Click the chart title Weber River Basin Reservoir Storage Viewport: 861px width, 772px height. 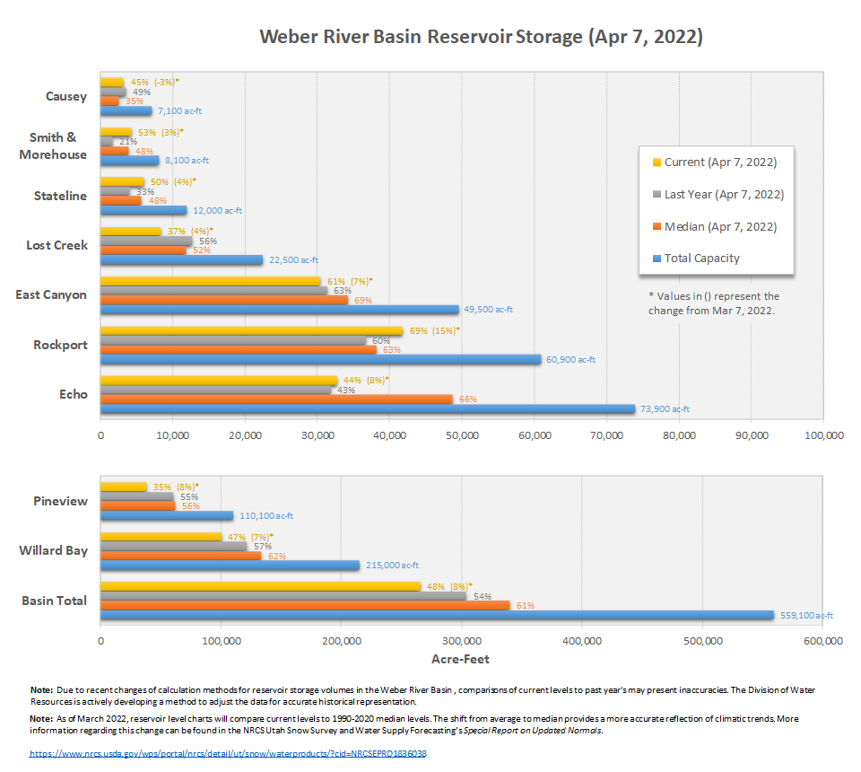click(481, 37)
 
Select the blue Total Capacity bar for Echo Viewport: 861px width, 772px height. click(368, 409)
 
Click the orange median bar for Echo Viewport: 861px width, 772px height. click(277, 399)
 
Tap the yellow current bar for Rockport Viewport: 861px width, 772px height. click(251, 331)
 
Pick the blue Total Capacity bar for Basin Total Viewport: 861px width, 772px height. click(437, 615)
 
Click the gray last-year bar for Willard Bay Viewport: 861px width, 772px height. click(173, 546)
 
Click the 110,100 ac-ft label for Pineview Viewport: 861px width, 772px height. click(265, 516)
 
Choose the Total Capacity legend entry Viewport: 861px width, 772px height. click(701, 258)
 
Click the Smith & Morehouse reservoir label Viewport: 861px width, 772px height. click(53, 145)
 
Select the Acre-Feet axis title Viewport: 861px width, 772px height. click(461, 660)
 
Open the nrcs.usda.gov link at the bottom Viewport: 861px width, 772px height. click(228, 753)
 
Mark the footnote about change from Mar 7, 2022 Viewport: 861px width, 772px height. click(713, 303)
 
